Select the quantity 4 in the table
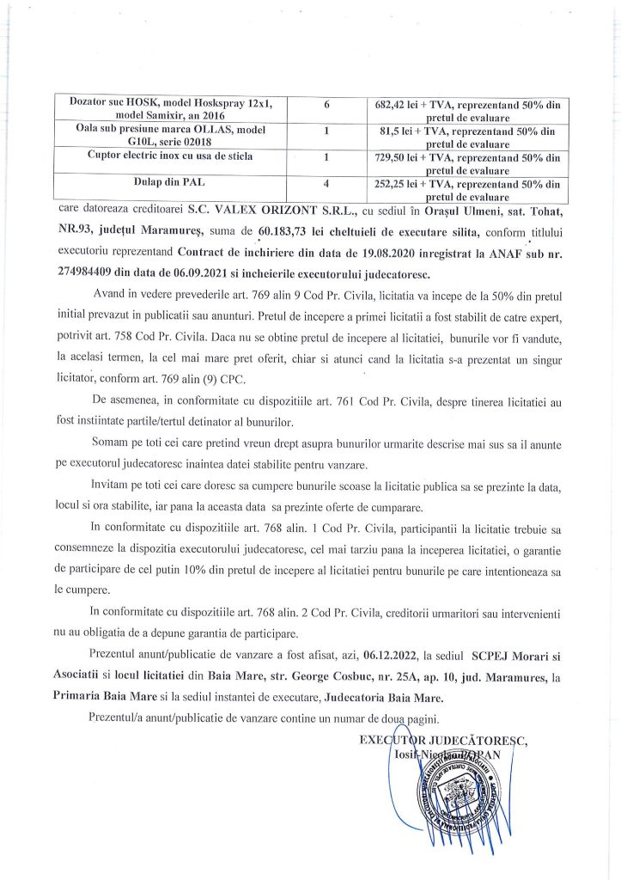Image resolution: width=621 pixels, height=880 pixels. coord(327,184)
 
